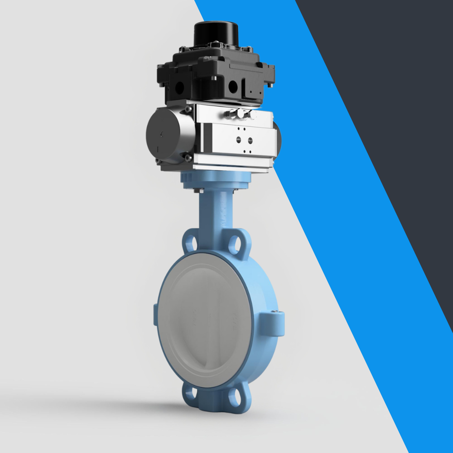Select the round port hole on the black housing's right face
233,87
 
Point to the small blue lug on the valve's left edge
156,313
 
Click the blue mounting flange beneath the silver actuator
215,180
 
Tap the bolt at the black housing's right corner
271,83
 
